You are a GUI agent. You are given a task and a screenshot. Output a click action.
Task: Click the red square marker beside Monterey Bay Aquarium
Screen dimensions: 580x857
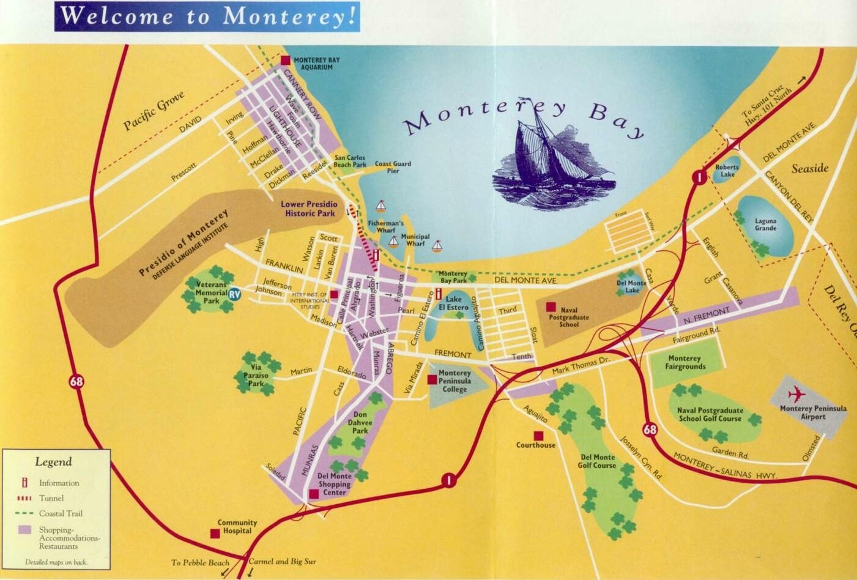[286, 60]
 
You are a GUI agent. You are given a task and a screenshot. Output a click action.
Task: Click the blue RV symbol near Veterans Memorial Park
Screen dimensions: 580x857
[235, 294]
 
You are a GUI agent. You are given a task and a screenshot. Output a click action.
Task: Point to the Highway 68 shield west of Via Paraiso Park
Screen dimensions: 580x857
[76, 383]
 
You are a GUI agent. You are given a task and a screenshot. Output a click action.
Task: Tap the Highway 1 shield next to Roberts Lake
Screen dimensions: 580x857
[697, 177]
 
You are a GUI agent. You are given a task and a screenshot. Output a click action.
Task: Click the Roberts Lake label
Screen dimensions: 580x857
[727, 171]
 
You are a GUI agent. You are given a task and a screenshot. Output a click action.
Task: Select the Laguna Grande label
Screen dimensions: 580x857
[765, 225]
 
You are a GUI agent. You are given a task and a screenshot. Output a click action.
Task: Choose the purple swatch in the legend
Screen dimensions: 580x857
[26, 530]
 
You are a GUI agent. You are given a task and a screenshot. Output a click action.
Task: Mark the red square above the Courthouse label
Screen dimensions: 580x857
[538, 435]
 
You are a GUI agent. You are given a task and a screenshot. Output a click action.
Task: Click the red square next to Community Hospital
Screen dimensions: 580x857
[215, 534]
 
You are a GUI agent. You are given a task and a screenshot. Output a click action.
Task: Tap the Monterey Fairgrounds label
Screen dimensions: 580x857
[684, 362]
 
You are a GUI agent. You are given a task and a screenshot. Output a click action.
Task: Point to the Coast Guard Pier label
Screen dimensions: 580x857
[393, 167]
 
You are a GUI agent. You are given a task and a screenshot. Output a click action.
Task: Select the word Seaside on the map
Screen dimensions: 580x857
[809, 168]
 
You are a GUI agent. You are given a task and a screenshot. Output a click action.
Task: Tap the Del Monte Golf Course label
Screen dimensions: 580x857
[596, 461]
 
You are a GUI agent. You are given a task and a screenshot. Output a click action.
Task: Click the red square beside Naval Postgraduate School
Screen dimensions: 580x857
[551, 307]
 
